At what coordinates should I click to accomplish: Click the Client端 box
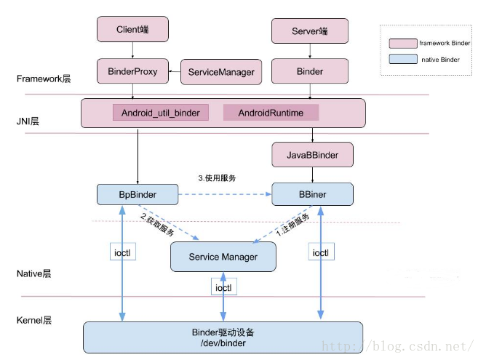click(x=132, y=29)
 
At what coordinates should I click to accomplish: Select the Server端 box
click(x=310, y=31)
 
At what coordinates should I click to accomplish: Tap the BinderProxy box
click(x=132, y=71)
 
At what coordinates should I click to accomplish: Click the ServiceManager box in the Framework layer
click(x=221, y=72)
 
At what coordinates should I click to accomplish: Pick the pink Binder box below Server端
click(x=310, y=71)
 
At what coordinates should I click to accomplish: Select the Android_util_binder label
click(x=160, y=113)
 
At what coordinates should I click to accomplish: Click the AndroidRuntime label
click(x=270, y=113)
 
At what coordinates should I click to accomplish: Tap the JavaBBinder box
click(x=314, y=154)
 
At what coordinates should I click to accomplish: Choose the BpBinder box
click(x=138, y=194)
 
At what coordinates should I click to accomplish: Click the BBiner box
click(x=313, y=194)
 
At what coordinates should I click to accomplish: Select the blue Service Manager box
click(x=223, y=257)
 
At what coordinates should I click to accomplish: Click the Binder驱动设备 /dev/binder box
click(x=223, y=337)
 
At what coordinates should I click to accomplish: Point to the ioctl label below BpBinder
click(x=122, y=253)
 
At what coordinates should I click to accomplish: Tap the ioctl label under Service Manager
click(x=224, y=287)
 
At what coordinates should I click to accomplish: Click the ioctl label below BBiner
click(x=321, y=253)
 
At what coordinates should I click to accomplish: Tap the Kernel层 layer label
click(x=33, y=320)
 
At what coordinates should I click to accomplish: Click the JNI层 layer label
click(x=28, y=121)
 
